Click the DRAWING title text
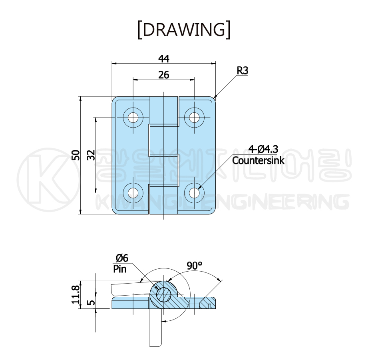click(x=184, y=30)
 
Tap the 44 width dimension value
click(x=164, y=59)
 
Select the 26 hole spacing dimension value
click(x=163, y=75)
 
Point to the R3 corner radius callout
click(x=243, y=70)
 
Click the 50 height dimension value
click(x=76, y=155)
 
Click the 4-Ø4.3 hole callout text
click(x=263, y=149)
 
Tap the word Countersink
click(x=258, y=160)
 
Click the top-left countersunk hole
click(x=133, y=118)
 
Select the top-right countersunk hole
click(x=194, y=118)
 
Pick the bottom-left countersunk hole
click(x=133, y=193)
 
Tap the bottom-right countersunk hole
click(x=194, y=193)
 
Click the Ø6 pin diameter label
click(x=122, y=258)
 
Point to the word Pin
click(x=120, y=269)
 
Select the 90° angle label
click(x=194, y=266)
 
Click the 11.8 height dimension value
click(x=76, y=294)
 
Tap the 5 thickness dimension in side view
click(x=92, y=302)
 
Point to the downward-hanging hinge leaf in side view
click(x=155, y=328)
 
